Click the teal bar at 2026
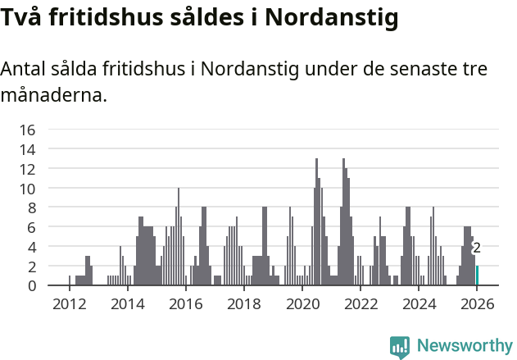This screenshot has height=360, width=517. coord(477,276)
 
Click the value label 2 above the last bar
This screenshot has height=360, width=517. coord(477,248)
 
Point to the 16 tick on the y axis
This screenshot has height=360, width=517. coord(28,130)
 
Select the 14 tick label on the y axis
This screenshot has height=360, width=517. coord(28,149)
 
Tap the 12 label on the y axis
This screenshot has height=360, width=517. coord(28,169)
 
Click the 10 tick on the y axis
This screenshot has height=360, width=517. coord(28,189)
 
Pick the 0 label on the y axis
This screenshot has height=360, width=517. coord(31,285)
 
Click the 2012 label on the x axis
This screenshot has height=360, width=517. coord(69,304)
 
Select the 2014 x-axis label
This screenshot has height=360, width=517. coord(127,304)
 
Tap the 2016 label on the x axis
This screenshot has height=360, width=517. coord(185,304)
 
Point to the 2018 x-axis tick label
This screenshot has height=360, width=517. coord(243,304)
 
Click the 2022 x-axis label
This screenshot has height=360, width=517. coord(361,304)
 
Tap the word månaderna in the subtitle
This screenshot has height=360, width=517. coord(53,95)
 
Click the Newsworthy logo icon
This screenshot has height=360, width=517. coord(400,347)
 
